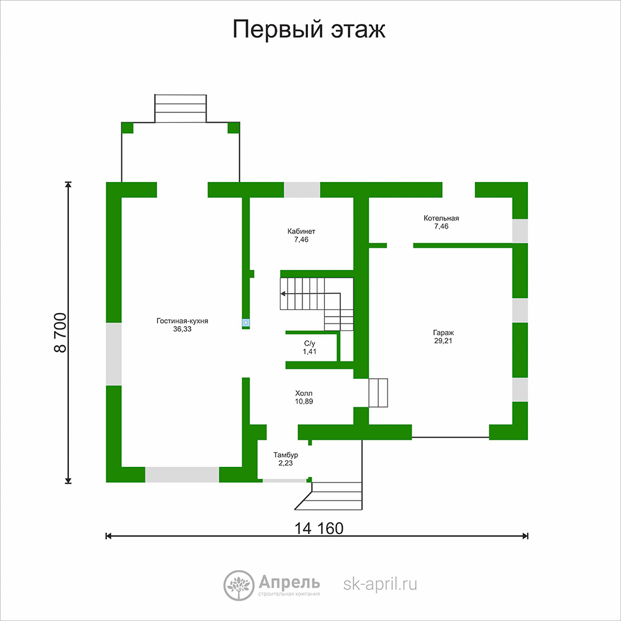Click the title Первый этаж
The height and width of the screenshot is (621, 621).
pyautogui.click(x=309, y=30)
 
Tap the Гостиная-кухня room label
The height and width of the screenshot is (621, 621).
pyautogui.click(x=182, y=321)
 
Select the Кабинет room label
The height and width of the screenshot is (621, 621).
pyautogui.click(x=301, y=231)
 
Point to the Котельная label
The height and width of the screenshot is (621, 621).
pyautogui.click(x=441, y=218)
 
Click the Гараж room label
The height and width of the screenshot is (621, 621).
pyautogui.click(x=443, y=333)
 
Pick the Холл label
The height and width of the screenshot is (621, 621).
pyautogui.click(x=304, y=393)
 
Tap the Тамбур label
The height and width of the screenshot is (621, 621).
pyautogui.click(x=286, y=455)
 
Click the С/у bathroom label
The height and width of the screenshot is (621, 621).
pyautogui.click(x=310, y=343)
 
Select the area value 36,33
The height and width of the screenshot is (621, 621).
pyautogui.click(x=182, y=329)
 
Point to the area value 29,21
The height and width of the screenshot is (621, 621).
pyautogui.click(x=443, y=341)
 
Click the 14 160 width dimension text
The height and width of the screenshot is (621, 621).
pyautogui.click(x=319, y=528)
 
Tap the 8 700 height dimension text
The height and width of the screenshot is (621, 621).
pyautogui.click(x=60, y=333)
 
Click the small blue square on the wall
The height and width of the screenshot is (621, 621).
pyautogui.click(x=245, y=323)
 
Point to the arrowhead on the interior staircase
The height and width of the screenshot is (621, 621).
pyautogui.click(x=283, y=294)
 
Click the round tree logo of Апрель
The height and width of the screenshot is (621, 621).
pyautogui.click(x=238, y=586)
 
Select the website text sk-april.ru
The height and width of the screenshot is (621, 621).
pyautogui.click(x=380, y=584)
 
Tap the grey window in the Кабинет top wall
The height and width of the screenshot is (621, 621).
pyautogui.click(x=302, y=189)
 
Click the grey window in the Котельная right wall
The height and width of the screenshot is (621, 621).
pyautogui.click(x=520, y=230)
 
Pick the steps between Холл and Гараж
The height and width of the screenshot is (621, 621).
pyautogui.click(x=378, y=393)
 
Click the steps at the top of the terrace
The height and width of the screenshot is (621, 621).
pyautogui.click(x=181, y=109)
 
